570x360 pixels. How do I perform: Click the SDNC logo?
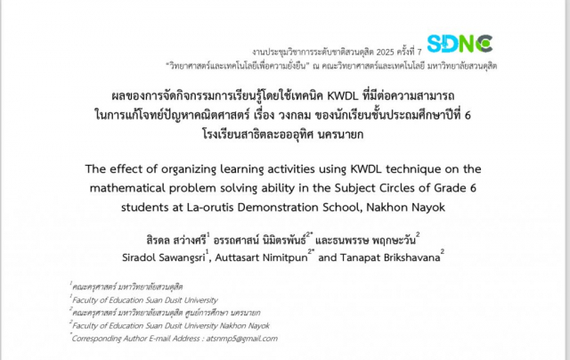coord(460,44)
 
